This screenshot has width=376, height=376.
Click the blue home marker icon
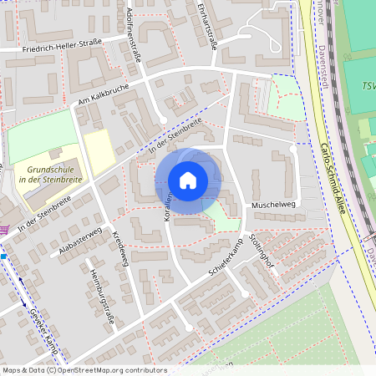(x=188, y=180)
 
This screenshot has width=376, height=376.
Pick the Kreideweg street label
(x=119, y=246)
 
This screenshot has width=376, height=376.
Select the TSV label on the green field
(x=368, y=87)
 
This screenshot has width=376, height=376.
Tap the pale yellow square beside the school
(x=98, y=150)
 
